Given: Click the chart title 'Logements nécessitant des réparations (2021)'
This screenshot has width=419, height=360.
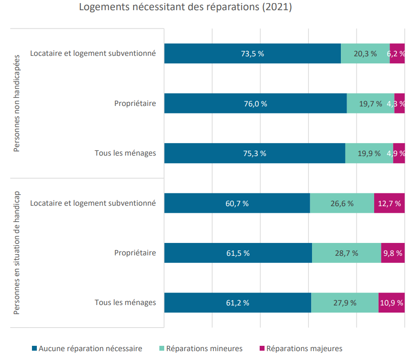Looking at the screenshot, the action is tap(185, 7).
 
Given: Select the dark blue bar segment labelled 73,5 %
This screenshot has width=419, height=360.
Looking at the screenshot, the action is tap(253, 53).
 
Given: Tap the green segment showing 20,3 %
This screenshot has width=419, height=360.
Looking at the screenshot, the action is tap(365, 53).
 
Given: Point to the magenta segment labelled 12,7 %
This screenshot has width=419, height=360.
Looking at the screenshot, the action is tap(389, 203).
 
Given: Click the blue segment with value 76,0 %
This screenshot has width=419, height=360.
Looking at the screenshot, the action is tap(256, 103).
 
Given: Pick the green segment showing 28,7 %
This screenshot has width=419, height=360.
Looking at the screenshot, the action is tap(347, 253).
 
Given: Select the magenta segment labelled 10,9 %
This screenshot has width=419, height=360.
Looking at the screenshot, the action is tap(391, 303).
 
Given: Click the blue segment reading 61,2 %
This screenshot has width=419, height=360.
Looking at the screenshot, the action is tap(237, 303).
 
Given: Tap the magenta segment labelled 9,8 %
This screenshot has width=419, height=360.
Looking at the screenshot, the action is tap(393, 253).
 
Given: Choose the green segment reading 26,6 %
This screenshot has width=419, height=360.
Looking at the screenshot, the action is tap(342, 203).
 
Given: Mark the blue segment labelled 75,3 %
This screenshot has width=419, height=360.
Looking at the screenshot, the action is tap(255, 153).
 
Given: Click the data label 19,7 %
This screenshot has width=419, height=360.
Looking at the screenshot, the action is tap(371, 104).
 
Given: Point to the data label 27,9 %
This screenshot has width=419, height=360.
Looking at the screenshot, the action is tap(345, 303).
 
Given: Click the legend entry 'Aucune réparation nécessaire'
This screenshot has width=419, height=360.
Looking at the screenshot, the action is tap(87, 348).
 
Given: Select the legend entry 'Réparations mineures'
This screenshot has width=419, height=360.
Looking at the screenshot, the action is tap(201, 348).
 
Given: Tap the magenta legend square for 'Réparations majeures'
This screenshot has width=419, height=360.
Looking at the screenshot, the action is tap(262, 348).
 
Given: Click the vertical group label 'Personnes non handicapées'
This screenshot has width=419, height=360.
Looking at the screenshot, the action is tap(16, 103).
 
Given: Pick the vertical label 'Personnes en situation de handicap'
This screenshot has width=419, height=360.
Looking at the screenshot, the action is tap(16, 253).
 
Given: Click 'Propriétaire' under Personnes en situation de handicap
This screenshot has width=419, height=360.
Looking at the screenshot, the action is tap(135, 253).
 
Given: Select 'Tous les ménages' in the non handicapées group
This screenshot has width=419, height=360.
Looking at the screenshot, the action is tap(125, 153).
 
